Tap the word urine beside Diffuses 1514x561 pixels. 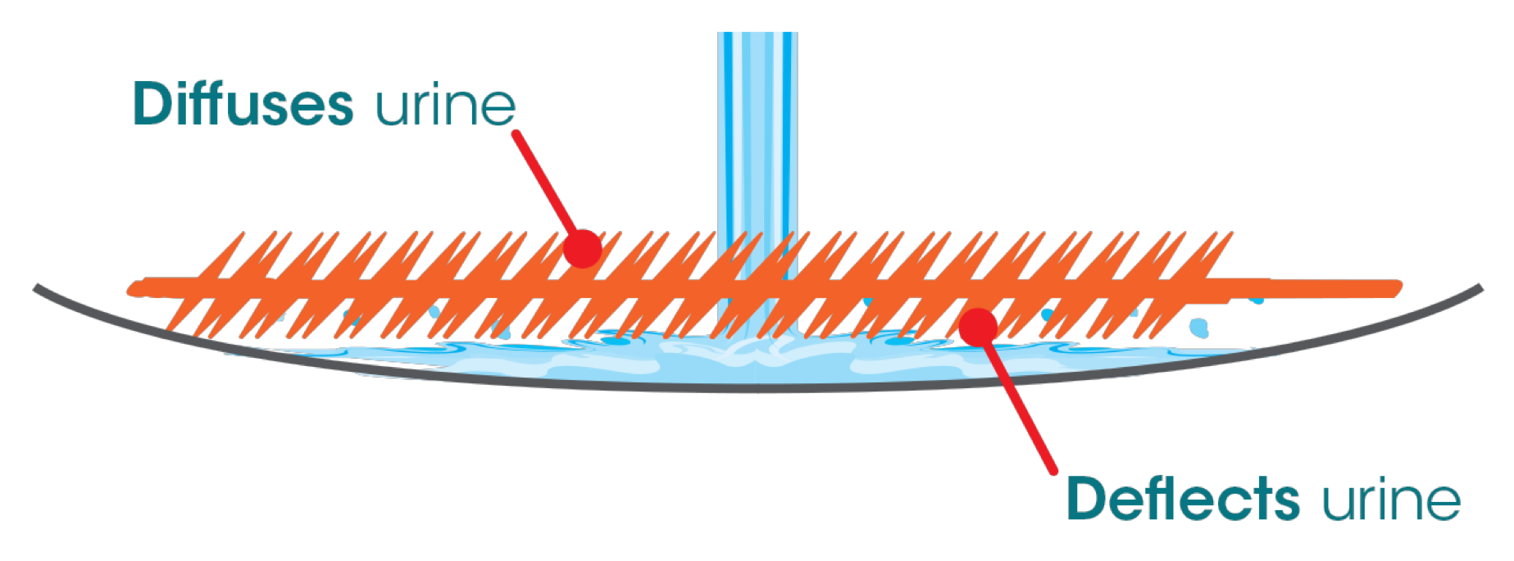coord(445,106)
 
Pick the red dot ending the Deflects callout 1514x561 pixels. coord(978,327)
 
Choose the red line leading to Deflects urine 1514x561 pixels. coord(1021,405)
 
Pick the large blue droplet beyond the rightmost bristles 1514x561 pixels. coord(1200,328)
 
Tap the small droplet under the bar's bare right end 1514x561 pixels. coord(1256,301)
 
